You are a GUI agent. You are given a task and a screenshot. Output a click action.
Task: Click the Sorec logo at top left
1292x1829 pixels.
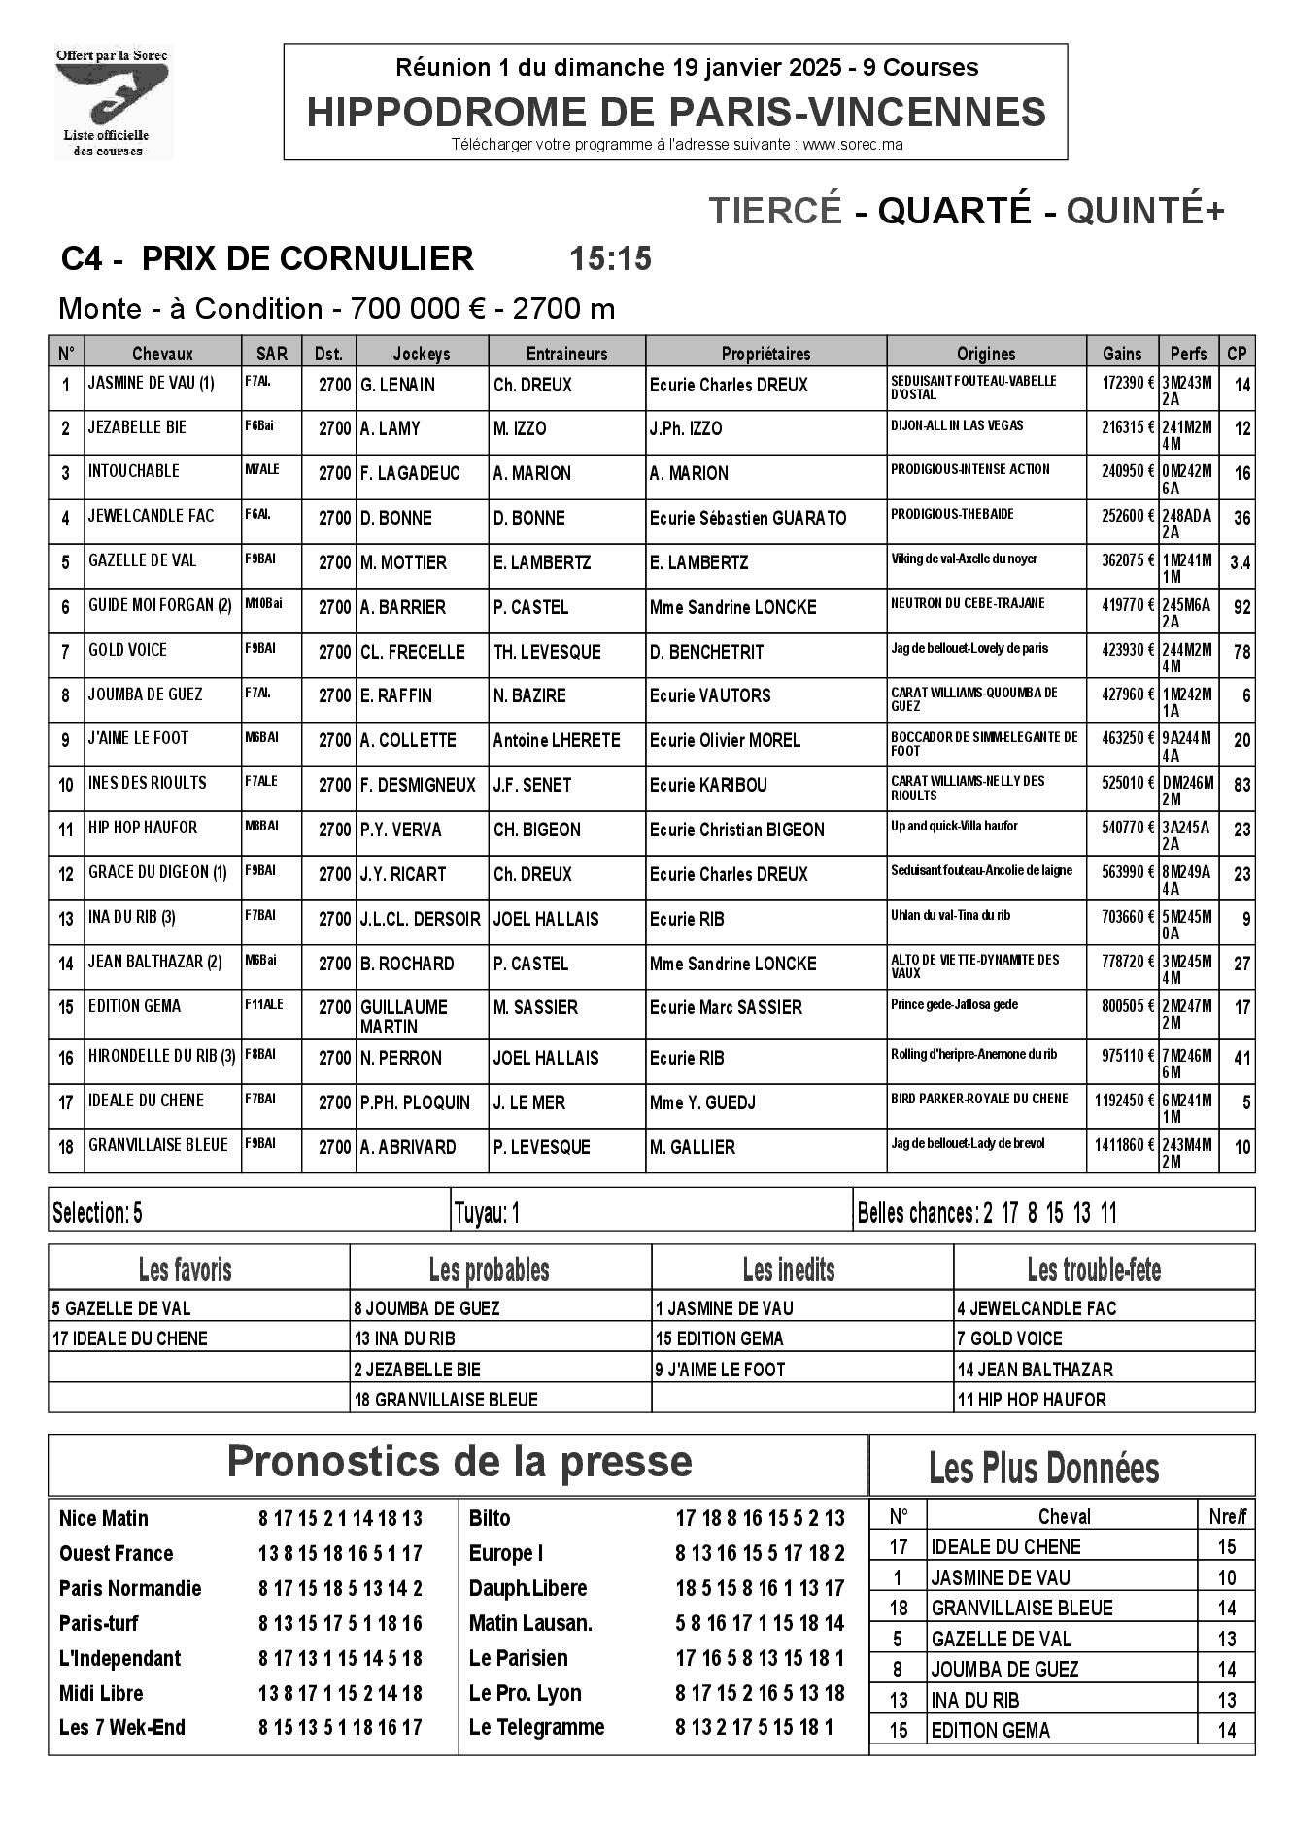(112, 102)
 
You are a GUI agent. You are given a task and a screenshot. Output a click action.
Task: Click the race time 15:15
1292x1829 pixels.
(610, 259)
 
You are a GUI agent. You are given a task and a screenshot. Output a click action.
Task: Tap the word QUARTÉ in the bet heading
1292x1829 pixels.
(953, 210)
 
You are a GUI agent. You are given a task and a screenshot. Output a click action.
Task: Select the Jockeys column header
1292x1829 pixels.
(422, 354)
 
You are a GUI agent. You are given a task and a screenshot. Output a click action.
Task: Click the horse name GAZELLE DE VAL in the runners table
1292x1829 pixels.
(142, 560)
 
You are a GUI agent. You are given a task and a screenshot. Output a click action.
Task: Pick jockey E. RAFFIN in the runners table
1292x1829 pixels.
(396, 695)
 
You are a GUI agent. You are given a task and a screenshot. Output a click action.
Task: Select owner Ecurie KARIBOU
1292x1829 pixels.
(708, 785)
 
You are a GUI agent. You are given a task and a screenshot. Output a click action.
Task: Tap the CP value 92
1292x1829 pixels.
(1241, 608)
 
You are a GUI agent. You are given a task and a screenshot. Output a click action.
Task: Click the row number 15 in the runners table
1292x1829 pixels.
(66, 1007)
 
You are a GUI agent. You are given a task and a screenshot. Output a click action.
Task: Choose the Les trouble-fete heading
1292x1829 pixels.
(1094, 1270)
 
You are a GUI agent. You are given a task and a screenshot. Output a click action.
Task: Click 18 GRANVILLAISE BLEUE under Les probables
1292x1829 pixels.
(445, 1400)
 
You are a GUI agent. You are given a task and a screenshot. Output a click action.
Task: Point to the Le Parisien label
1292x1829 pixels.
(518, 1658)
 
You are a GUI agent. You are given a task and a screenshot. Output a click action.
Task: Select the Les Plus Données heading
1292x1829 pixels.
(1044, 1468)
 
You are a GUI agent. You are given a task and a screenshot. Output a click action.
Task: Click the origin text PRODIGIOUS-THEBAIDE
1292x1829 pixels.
(938, 514)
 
